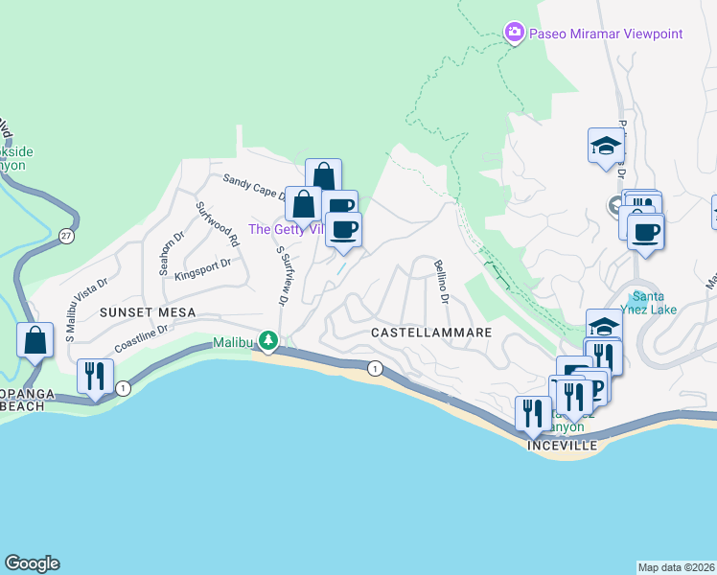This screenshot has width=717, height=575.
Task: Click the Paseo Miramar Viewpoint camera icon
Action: tap(515, 34)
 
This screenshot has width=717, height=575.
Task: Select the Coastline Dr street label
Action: tap(141, 337)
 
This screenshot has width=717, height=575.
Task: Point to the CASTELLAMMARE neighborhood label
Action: tap(431, 332)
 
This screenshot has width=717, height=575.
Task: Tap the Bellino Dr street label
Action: tap(442, 283)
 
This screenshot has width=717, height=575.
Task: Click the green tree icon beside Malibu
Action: tap(270, 340)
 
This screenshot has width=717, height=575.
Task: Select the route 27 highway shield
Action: tap(65, 235)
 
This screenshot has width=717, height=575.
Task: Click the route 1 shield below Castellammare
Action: tap(374, 367)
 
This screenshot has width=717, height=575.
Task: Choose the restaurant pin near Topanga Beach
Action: tap(95, 376)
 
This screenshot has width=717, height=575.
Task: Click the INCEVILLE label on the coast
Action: tap(562, 447)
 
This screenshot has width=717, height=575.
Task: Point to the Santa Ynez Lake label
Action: tap(657, 301)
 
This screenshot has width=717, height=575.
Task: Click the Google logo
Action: tap(32, 563)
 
